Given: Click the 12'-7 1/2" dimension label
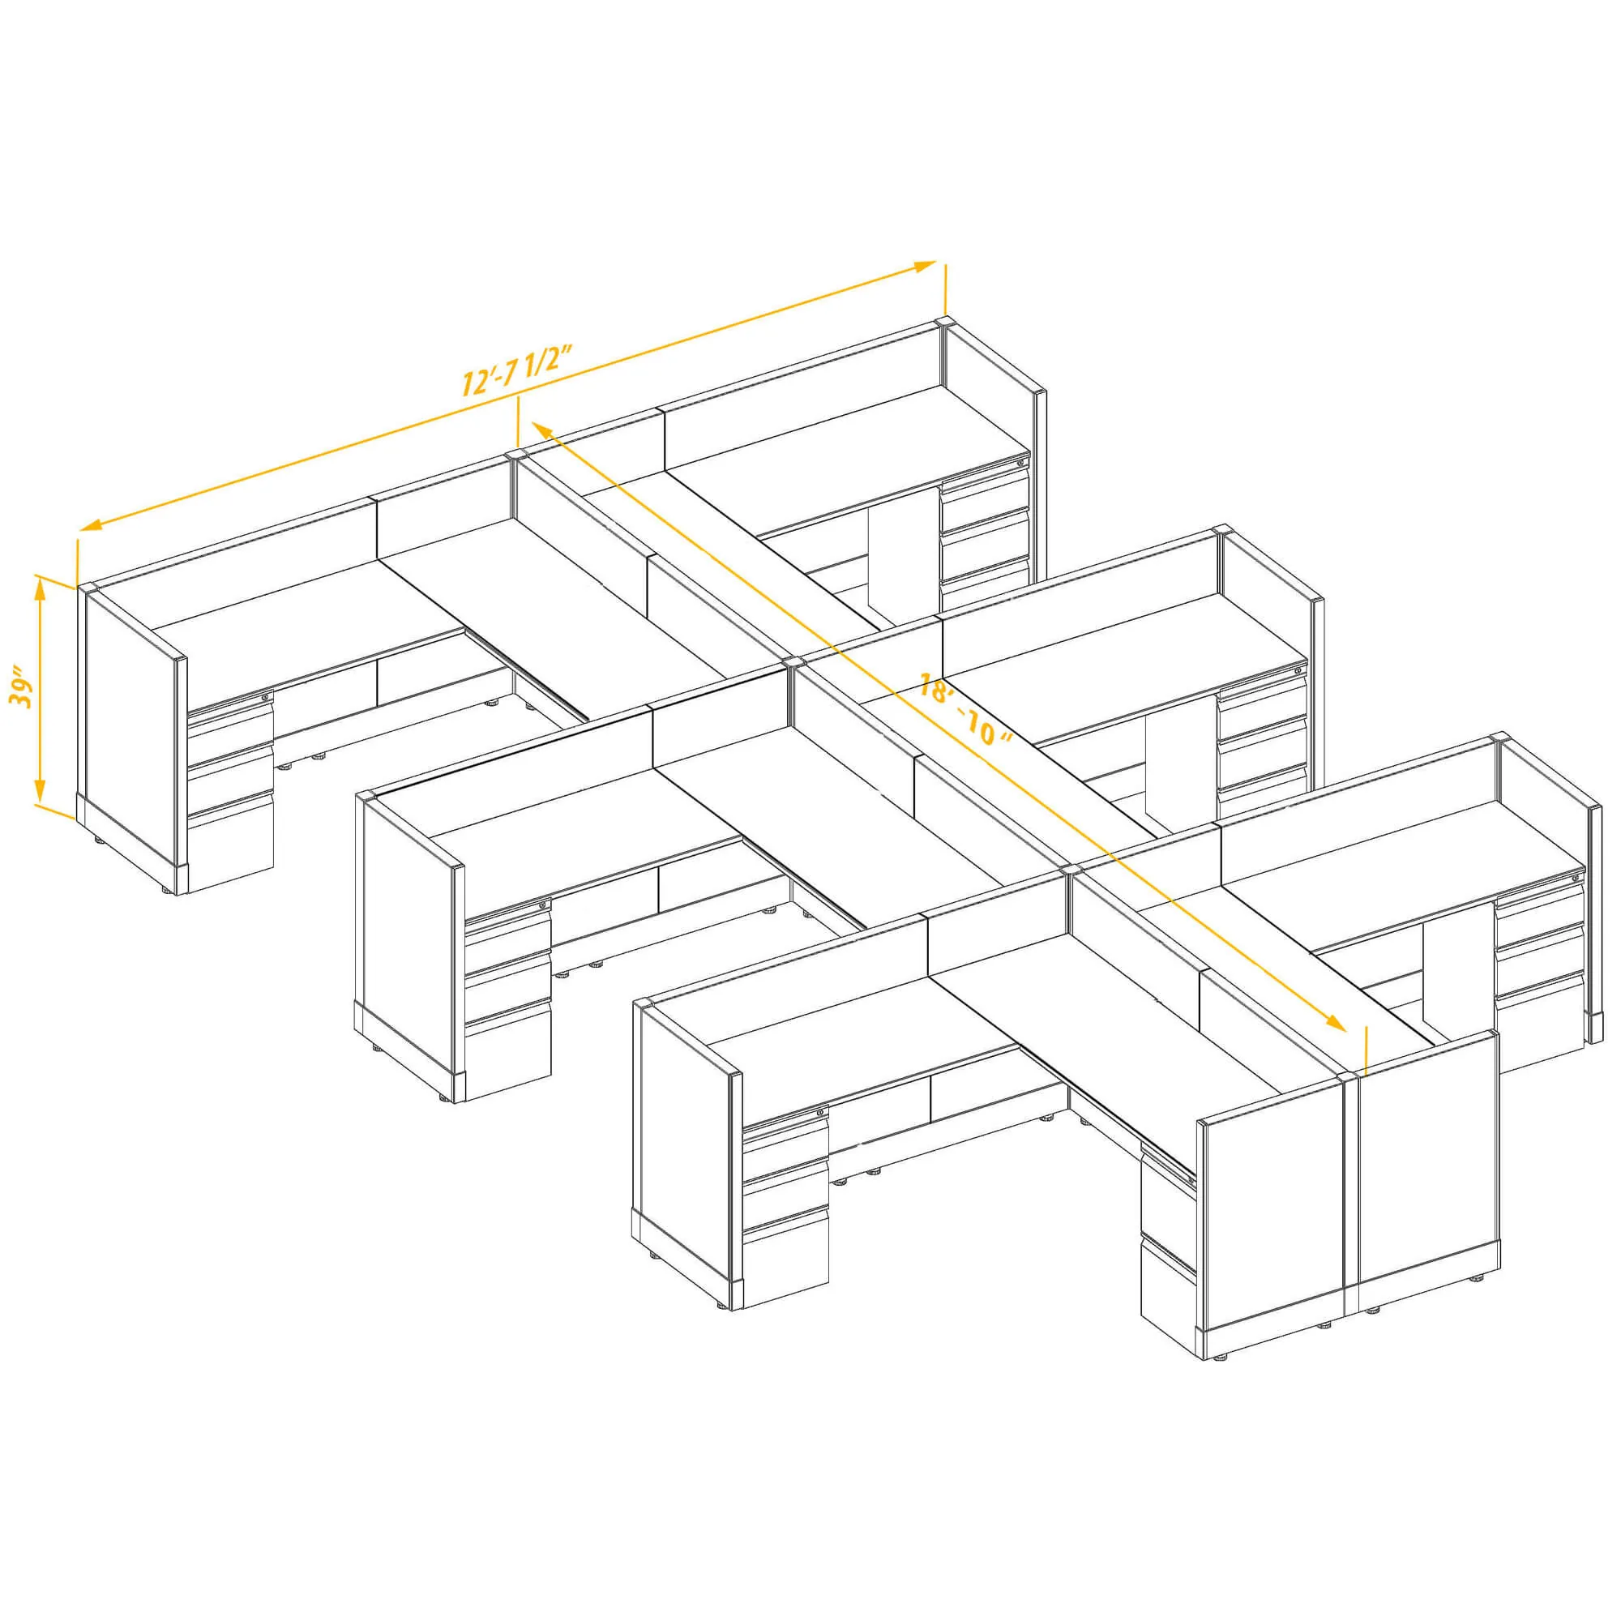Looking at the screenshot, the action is click(x=517, y=371).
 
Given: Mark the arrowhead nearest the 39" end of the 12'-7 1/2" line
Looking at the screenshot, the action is click(x=91, y=525).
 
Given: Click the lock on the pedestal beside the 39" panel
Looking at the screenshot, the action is click(x=267, y=696).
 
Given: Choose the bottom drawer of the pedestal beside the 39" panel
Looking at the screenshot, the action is click(x=231, y=848).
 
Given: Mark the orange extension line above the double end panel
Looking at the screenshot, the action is click(x=1366, y=1050).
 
